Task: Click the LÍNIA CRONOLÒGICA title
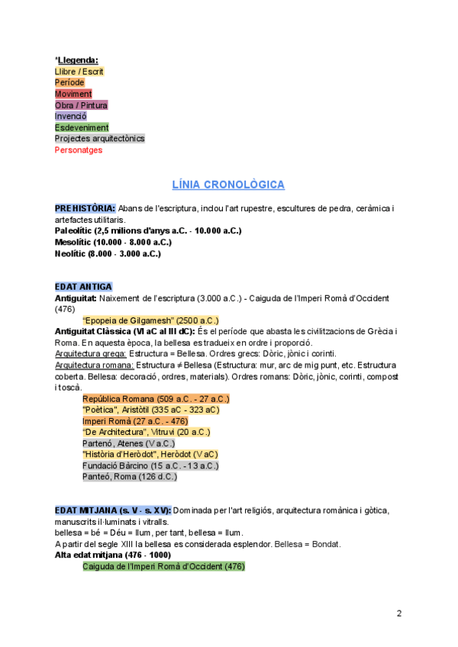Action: tap(228, 185)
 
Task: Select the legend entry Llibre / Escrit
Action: tap(79, 71)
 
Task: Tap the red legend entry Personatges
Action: tap(78, 150)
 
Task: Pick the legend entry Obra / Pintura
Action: tap(81, 105)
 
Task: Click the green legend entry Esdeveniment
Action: tap(82, 127)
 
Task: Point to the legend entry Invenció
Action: tap(71, 116)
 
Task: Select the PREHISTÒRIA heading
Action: tap(85, 208)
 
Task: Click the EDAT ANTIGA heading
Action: tap(83, 287)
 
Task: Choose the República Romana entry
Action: tap(156, 398)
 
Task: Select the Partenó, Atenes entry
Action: tap(128, 443)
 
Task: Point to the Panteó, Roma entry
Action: tap(130, 477)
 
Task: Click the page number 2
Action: tap(398, 614)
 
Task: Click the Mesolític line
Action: tap(113, 242)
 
